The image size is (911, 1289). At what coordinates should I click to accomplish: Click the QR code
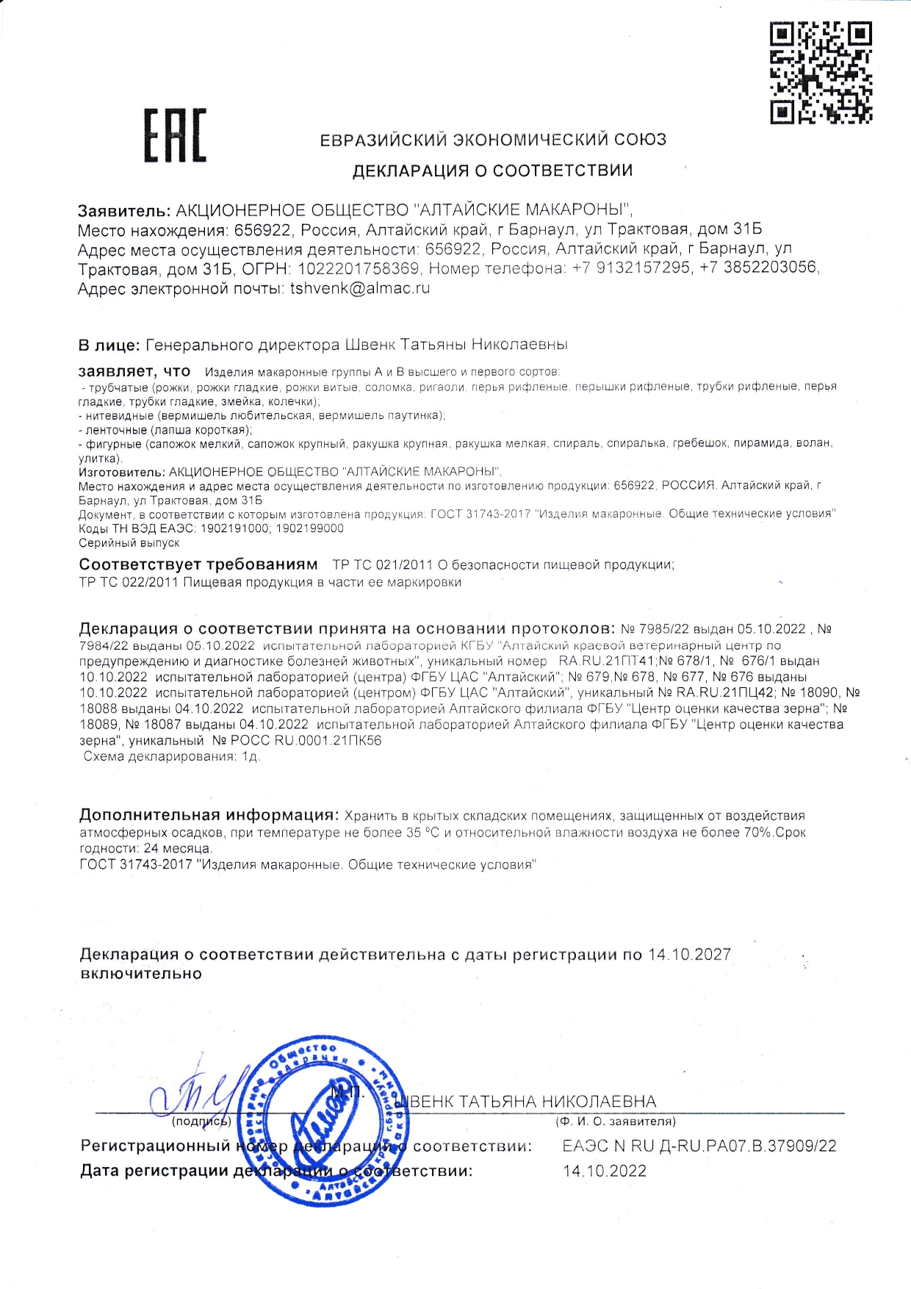coord(821,72)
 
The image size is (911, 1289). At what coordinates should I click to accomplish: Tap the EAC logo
coord(175,135)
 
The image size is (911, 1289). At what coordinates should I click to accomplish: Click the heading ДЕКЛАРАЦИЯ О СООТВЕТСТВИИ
coord(492,171)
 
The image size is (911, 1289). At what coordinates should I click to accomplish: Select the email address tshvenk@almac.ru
coord(360,289)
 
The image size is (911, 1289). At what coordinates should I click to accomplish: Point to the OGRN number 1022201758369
coord(359,268)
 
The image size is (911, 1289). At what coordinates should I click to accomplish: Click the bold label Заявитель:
coord(124,211)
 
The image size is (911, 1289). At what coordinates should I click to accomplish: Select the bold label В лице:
coord(109,345)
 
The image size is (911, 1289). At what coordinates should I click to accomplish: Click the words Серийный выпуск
coord(129,543)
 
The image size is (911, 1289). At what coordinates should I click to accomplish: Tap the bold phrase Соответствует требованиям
coord(198,564)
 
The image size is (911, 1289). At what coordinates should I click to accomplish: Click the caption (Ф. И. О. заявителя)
coord(616,1121)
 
